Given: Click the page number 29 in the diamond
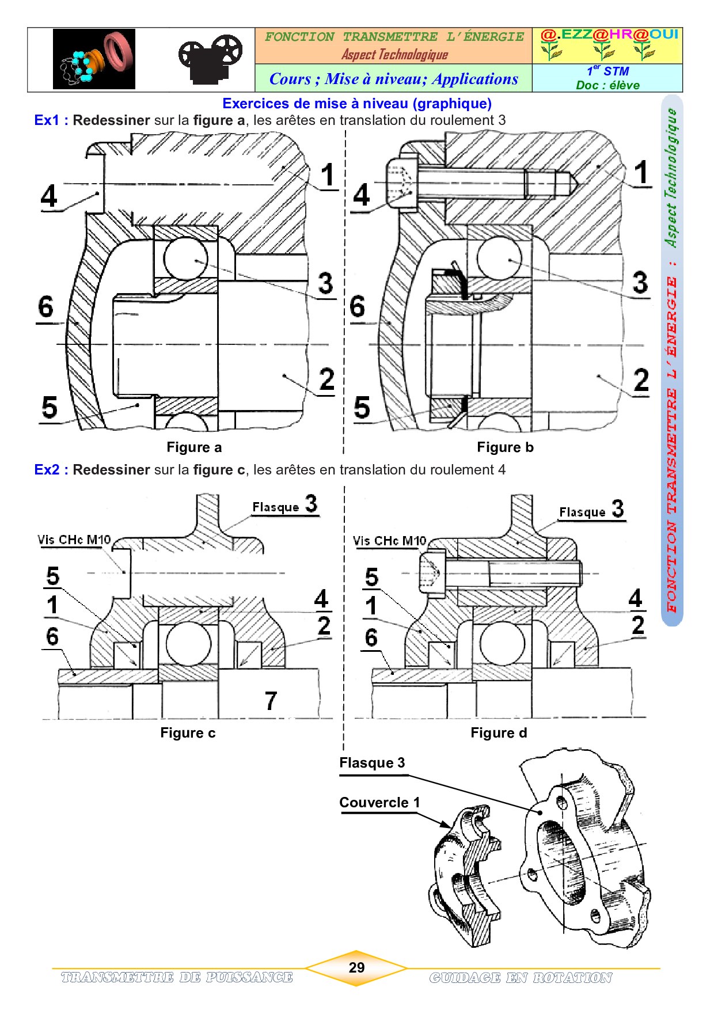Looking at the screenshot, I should coord(356,967).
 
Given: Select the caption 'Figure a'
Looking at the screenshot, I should coord(194,447).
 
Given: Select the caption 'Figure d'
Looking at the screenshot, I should coord(499,733).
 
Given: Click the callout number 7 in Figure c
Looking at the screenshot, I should coord(271,701).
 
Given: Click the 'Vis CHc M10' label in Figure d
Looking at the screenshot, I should coord(389,541).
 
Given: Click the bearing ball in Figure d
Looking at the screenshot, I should coord(502,643).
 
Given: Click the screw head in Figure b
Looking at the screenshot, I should coord(401,183).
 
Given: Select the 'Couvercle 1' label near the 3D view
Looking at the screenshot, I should coord(379,803).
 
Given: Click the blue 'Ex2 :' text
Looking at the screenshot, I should coord(51,470).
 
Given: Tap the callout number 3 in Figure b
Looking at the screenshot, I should coord(640,283).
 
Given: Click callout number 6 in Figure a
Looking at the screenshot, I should coord(46,306).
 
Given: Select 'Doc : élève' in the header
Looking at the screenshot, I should coord(607,85).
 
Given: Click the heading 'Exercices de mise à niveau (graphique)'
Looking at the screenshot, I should coord(357,104).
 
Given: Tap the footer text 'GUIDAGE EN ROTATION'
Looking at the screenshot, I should coord(521,978).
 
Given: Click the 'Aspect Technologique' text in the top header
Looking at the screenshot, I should coord(394,55).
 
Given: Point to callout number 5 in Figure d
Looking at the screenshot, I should coord(372,577).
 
